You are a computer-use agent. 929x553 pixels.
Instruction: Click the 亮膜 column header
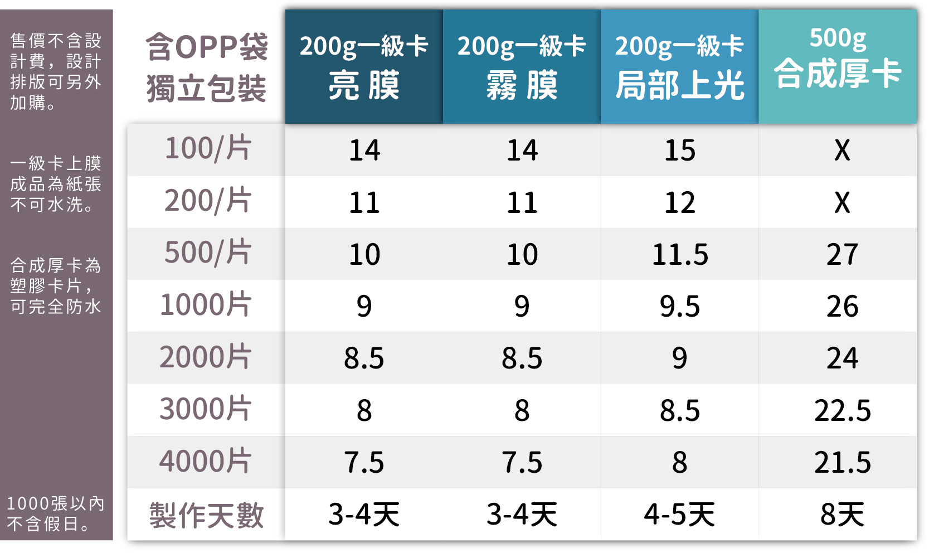(x=364, y=67)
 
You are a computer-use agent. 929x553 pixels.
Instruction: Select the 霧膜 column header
(x=522, y=67)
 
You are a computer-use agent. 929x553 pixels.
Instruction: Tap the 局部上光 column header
(x=679, y=67)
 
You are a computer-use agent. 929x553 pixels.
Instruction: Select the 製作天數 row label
(x=206, y=515)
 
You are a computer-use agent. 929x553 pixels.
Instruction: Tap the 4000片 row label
(x=206, y=462)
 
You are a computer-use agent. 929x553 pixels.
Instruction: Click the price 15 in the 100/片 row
(x=680, y=151)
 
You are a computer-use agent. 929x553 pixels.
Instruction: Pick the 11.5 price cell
(x=680, y=255)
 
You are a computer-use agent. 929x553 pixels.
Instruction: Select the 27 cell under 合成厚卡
(x=842, y=255)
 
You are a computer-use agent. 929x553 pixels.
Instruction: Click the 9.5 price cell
(x=680, y=307)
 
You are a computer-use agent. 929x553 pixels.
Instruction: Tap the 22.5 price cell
(x=842, y=411)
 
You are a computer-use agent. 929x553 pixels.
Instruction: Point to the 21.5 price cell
(x=842, y=463)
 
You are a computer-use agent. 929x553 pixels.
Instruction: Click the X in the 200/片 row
(x=842, y=202)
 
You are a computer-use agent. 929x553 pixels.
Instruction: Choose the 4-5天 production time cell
(x=680, y=515)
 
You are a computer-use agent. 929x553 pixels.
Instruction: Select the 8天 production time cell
(x=842, y=515)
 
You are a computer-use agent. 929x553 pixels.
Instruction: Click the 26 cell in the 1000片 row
(x=842, y=307)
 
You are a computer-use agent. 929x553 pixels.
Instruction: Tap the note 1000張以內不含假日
(x=56, y=513)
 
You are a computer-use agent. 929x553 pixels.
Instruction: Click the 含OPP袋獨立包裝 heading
(x=207, y=67)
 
